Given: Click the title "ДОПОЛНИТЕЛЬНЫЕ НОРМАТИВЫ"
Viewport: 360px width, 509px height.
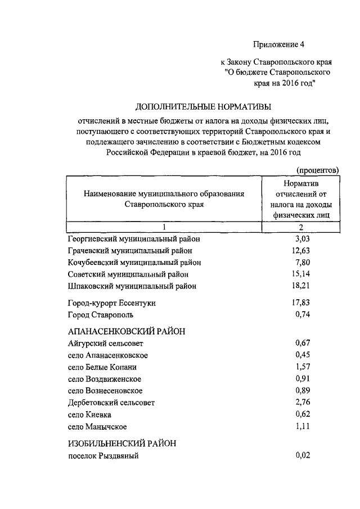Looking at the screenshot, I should click(203, 106).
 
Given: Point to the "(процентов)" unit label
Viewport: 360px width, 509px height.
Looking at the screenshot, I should click(317, 169).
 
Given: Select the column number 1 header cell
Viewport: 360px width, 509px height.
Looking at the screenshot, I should click(164, 227).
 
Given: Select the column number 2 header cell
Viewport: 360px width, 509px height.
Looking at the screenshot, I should click(301, 227).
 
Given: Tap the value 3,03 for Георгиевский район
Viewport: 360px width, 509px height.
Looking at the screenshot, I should click(303, 238).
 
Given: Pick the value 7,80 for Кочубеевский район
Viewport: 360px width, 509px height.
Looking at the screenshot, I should click(303, 262).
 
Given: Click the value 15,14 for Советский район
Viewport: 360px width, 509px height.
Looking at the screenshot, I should click(301, 274).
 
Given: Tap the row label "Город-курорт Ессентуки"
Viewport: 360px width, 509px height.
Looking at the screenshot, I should click(111, 303).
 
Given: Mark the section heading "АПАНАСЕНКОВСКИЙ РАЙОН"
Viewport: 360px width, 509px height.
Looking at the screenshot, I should click(127, 331).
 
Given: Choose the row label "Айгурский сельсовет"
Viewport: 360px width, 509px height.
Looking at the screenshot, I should click(105, 344).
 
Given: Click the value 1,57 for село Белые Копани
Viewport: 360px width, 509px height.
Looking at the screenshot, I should click(303, 367).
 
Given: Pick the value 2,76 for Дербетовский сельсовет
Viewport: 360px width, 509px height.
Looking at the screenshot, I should click(303, 402).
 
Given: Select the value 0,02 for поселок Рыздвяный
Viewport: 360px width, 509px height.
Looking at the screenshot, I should click(303, 456).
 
